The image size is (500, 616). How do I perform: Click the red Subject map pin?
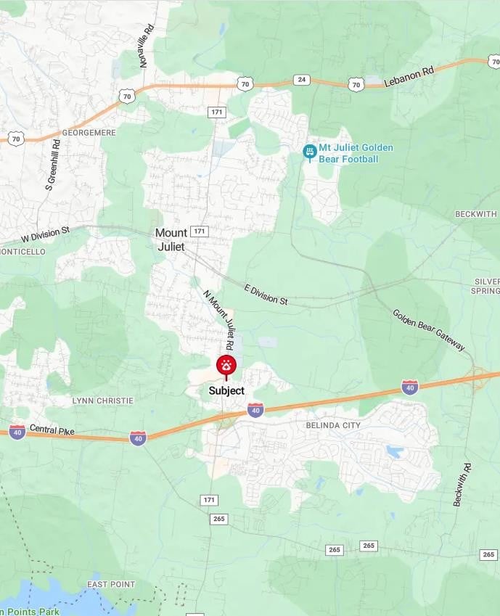[226, 365]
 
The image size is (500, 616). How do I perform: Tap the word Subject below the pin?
[226, 390]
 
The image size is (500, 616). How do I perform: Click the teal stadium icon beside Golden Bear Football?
[309, 152]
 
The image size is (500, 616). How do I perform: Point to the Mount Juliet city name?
[171, 239]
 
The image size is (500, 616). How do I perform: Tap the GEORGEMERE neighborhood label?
[89, 133]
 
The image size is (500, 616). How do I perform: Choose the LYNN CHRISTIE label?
[102, 401]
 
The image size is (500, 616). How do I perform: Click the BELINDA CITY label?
[333, 424]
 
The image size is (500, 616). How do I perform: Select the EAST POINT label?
[111, 584]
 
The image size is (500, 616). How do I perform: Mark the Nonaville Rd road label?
[147, 46]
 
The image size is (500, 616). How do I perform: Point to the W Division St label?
[45, 234]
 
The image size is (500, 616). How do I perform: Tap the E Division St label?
[266, 294]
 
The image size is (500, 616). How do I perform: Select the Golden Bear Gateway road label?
[428, 330]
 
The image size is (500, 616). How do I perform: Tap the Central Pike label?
[52, 431]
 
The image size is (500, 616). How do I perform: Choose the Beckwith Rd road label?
[462, 484]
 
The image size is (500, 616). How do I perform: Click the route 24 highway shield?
[302, 80]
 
